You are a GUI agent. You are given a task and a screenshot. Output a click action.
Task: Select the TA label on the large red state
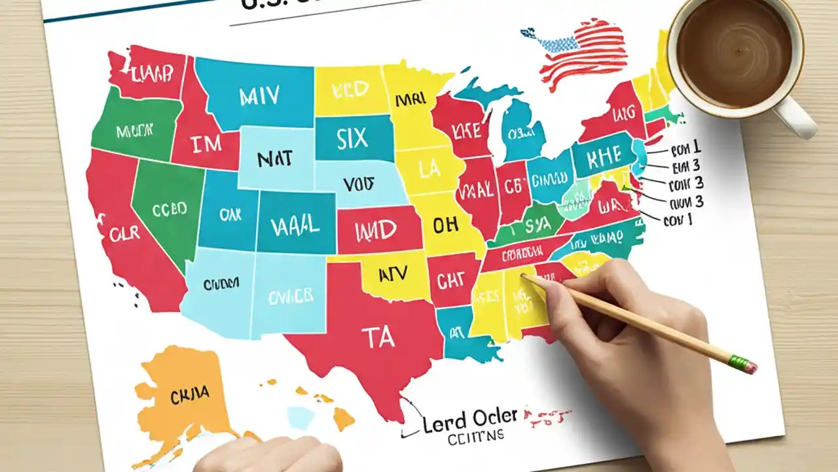[x=378, y=337]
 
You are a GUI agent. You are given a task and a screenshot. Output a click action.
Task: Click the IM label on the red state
[x=205, y=144]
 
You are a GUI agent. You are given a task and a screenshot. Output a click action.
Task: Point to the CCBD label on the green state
[x=169, y=209]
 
